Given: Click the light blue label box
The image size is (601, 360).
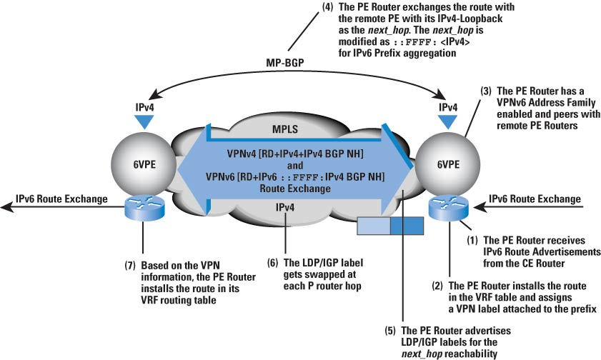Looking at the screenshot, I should pos(372,226).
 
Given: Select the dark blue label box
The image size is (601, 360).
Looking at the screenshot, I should pos(407,226).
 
